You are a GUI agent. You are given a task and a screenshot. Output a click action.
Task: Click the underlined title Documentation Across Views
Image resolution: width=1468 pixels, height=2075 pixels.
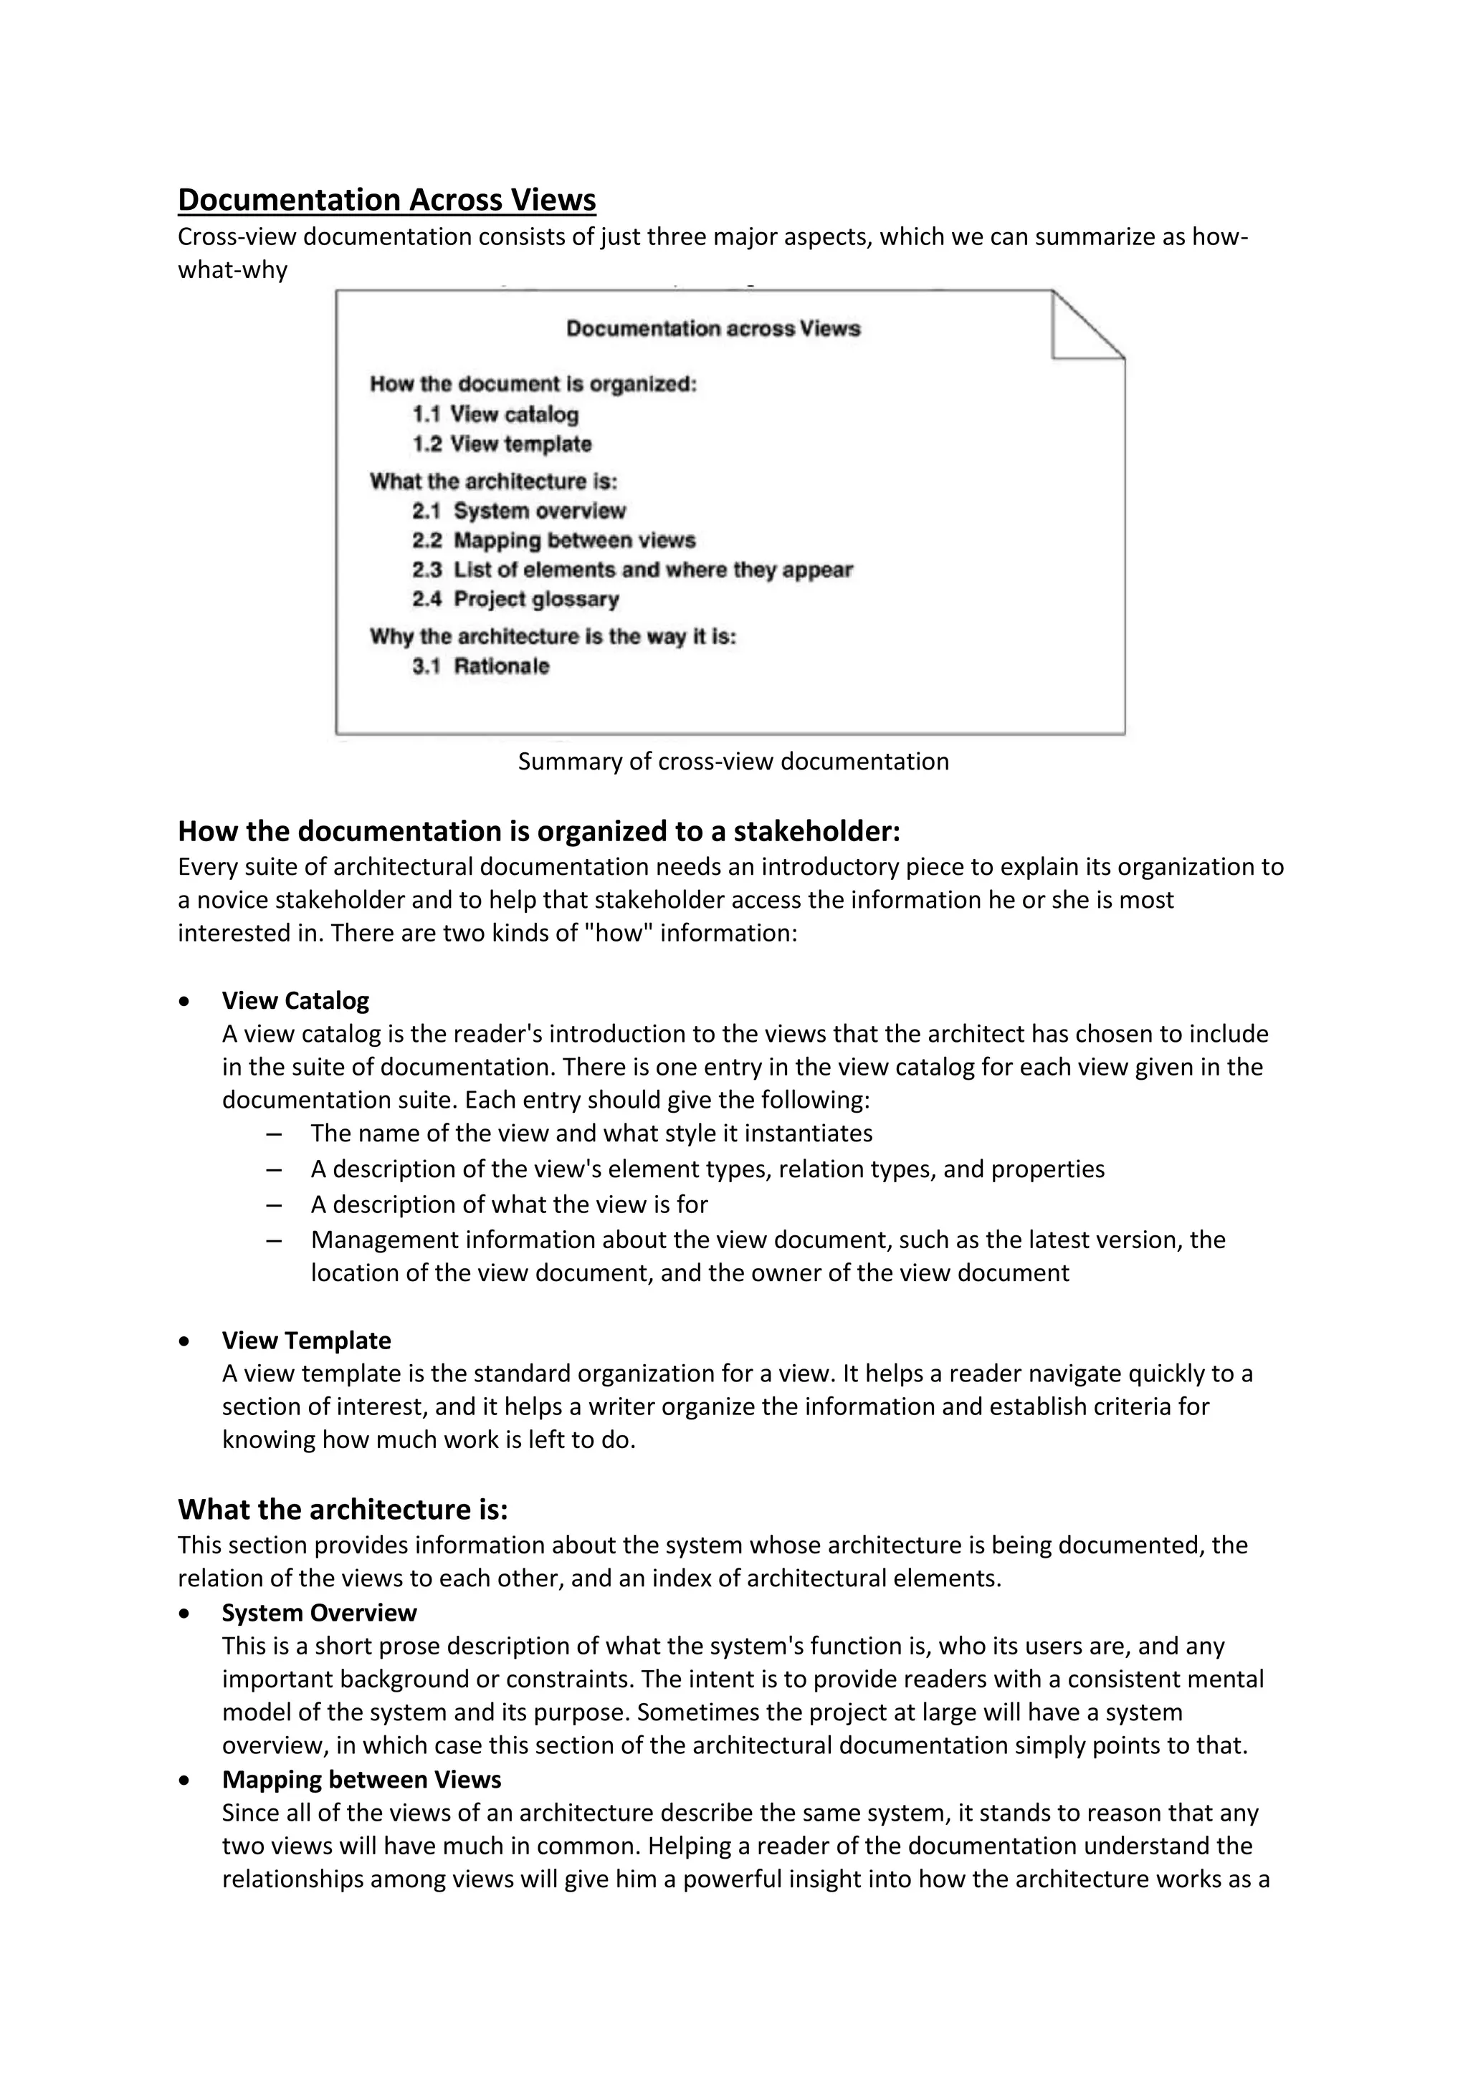point(387,200)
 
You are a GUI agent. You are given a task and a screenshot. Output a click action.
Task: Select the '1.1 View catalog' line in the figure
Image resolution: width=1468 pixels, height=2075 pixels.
point(495,415)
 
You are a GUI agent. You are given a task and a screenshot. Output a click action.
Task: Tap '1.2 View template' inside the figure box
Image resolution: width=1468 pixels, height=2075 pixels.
point(502,445)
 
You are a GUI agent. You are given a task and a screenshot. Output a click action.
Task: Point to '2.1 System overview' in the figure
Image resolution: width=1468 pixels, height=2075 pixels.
point(519,512)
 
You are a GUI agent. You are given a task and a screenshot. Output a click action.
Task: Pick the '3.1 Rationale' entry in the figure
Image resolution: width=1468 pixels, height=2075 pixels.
point(481,667)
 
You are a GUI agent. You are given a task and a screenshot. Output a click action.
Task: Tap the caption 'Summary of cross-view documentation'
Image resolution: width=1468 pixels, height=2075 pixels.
point(733,762)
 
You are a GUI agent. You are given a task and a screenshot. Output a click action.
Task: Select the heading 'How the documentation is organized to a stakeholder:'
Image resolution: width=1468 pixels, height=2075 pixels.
point(539,830)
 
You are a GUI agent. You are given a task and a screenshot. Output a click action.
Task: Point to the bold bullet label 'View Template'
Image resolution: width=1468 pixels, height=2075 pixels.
point(307,1341)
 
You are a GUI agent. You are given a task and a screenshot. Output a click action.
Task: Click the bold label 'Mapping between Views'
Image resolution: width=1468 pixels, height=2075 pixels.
point(361,1780)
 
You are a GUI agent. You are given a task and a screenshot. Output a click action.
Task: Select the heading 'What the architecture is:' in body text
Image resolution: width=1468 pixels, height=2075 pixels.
point(343,1509)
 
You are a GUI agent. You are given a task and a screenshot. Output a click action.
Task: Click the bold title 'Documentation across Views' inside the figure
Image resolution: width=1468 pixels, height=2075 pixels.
point(713,329)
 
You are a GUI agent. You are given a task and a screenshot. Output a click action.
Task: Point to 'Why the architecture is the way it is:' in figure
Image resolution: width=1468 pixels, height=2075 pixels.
point(553,637)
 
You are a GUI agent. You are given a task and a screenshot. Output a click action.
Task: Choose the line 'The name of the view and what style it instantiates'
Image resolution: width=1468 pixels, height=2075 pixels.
point(591,1134)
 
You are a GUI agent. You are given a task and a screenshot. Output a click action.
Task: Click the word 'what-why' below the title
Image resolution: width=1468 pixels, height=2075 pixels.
point(232,270)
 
